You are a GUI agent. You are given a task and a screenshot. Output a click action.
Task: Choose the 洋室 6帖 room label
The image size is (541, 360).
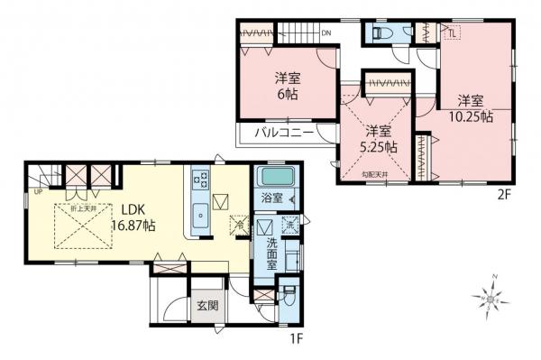(x=289, y=85)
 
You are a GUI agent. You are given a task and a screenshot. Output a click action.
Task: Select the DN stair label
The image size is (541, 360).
(x=328, y=33)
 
